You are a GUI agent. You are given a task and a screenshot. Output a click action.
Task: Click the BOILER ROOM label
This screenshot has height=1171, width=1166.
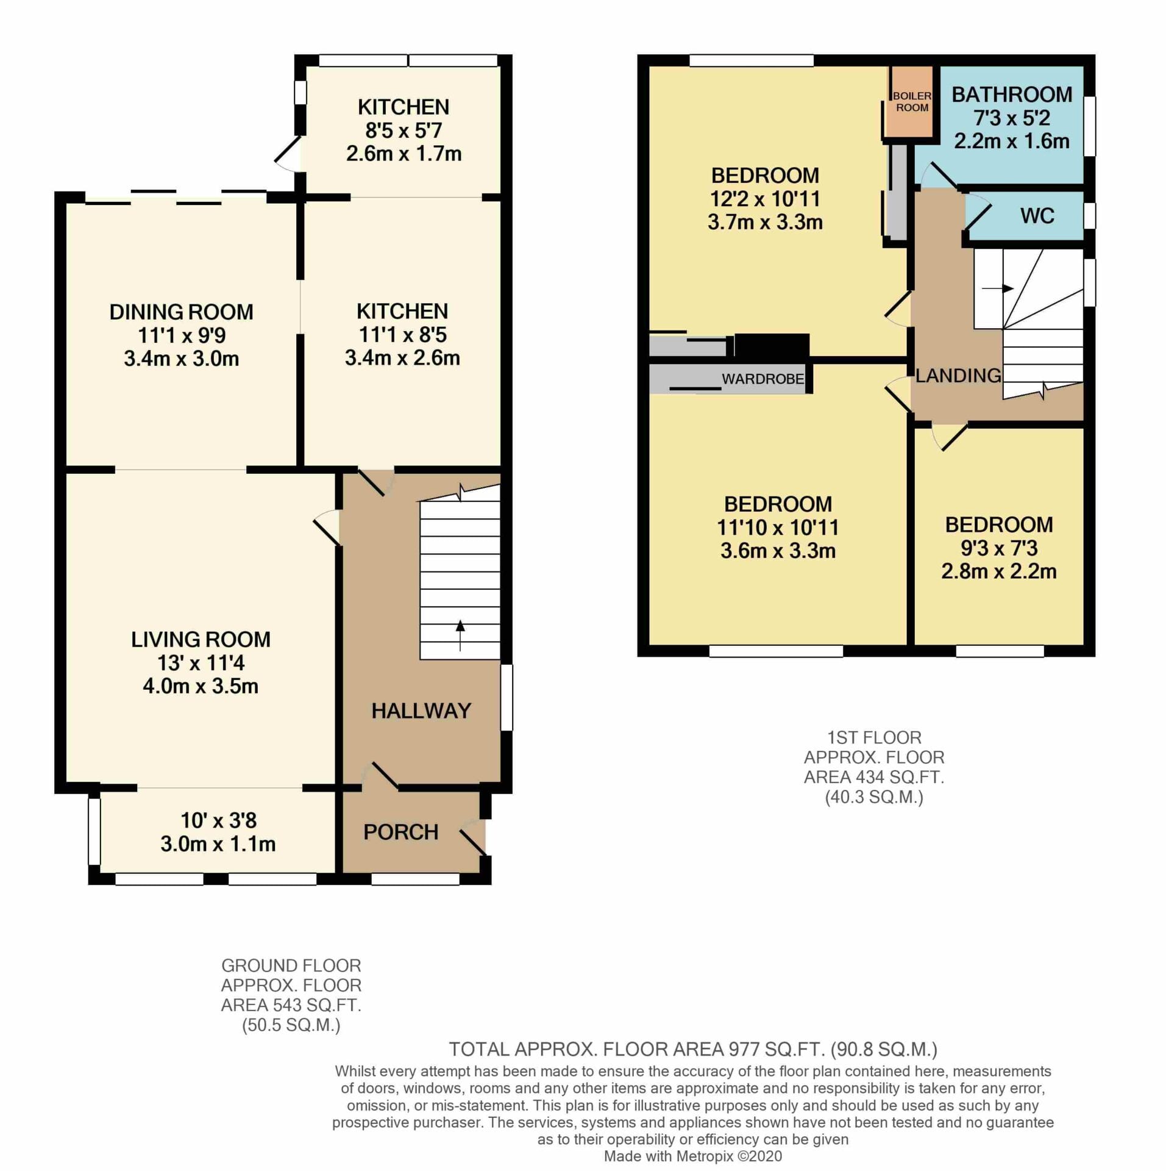912,102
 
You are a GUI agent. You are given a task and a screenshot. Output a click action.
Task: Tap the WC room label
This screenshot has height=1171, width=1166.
1037,216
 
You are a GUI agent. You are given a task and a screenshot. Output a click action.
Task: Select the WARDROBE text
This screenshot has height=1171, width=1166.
763,379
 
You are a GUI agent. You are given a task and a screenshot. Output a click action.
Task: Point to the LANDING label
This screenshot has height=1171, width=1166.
958,376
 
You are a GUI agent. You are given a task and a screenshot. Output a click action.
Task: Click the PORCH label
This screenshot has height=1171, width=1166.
400,832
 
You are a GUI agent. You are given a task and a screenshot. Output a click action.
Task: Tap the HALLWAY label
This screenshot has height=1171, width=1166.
421,711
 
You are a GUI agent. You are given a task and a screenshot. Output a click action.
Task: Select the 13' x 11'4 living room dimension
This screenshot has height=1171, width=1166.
201,662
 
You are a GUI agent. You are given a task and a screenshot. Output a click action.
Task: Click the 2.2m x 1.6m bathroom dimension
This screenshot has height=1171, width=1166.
1011,141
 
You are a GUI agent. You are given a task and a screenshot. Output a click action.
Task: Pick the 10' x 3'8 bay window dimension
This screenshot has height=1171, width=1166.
218,820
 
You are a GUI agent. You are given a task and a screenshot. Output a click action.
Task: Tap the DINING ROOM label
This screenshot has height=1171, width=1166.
181,312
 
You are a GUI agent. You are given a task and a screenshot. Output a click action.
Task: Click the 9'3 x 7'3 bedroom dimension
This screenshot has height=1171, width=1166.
999,548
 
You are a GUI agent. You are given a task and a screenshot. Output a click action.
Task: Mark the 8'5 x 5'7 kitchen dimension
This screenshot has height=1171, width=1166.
403,131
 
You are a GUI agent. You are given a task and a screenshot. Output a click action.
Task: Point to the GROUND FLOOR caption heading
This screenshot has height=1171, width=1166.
291,965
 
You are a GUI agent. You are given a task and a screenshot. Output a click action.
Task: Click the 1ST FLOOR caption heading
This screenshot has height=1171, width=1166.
874,737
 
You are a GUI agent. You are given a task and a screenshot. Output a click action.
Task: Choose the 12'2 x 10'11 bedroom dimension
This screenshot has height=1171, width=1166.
765,199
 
